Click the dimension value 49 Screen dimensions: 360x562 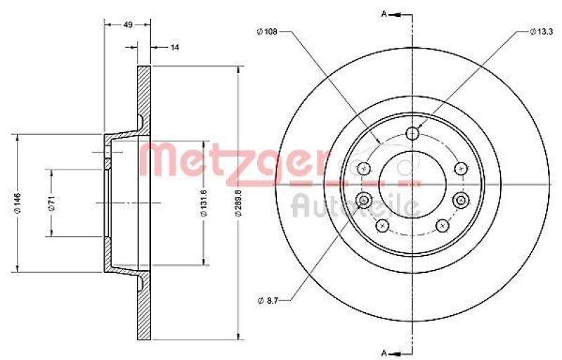pyautogui.click(x=128, y=24)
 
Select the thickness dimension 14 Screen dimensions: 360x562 pyautogui.click(x=175, y=47)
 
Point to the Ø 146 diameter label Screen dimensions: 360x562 pyautogui.click(x=11, y=202)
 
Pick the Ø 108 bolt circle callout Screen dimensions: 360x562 pyautogui.click(x=268, y=32)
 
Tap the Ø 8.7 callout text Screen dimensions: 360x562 pyautogui.click(x=269, y=300)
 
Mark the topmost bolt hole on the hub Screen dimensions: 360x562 pyautogui.click(x=412, y=133)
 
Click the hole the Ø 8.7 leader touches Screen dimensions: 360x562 pyautogui.click(x=364, y=201)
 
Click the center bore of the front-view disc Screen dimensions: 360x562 pyautogui.click(x=412, y=184)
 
